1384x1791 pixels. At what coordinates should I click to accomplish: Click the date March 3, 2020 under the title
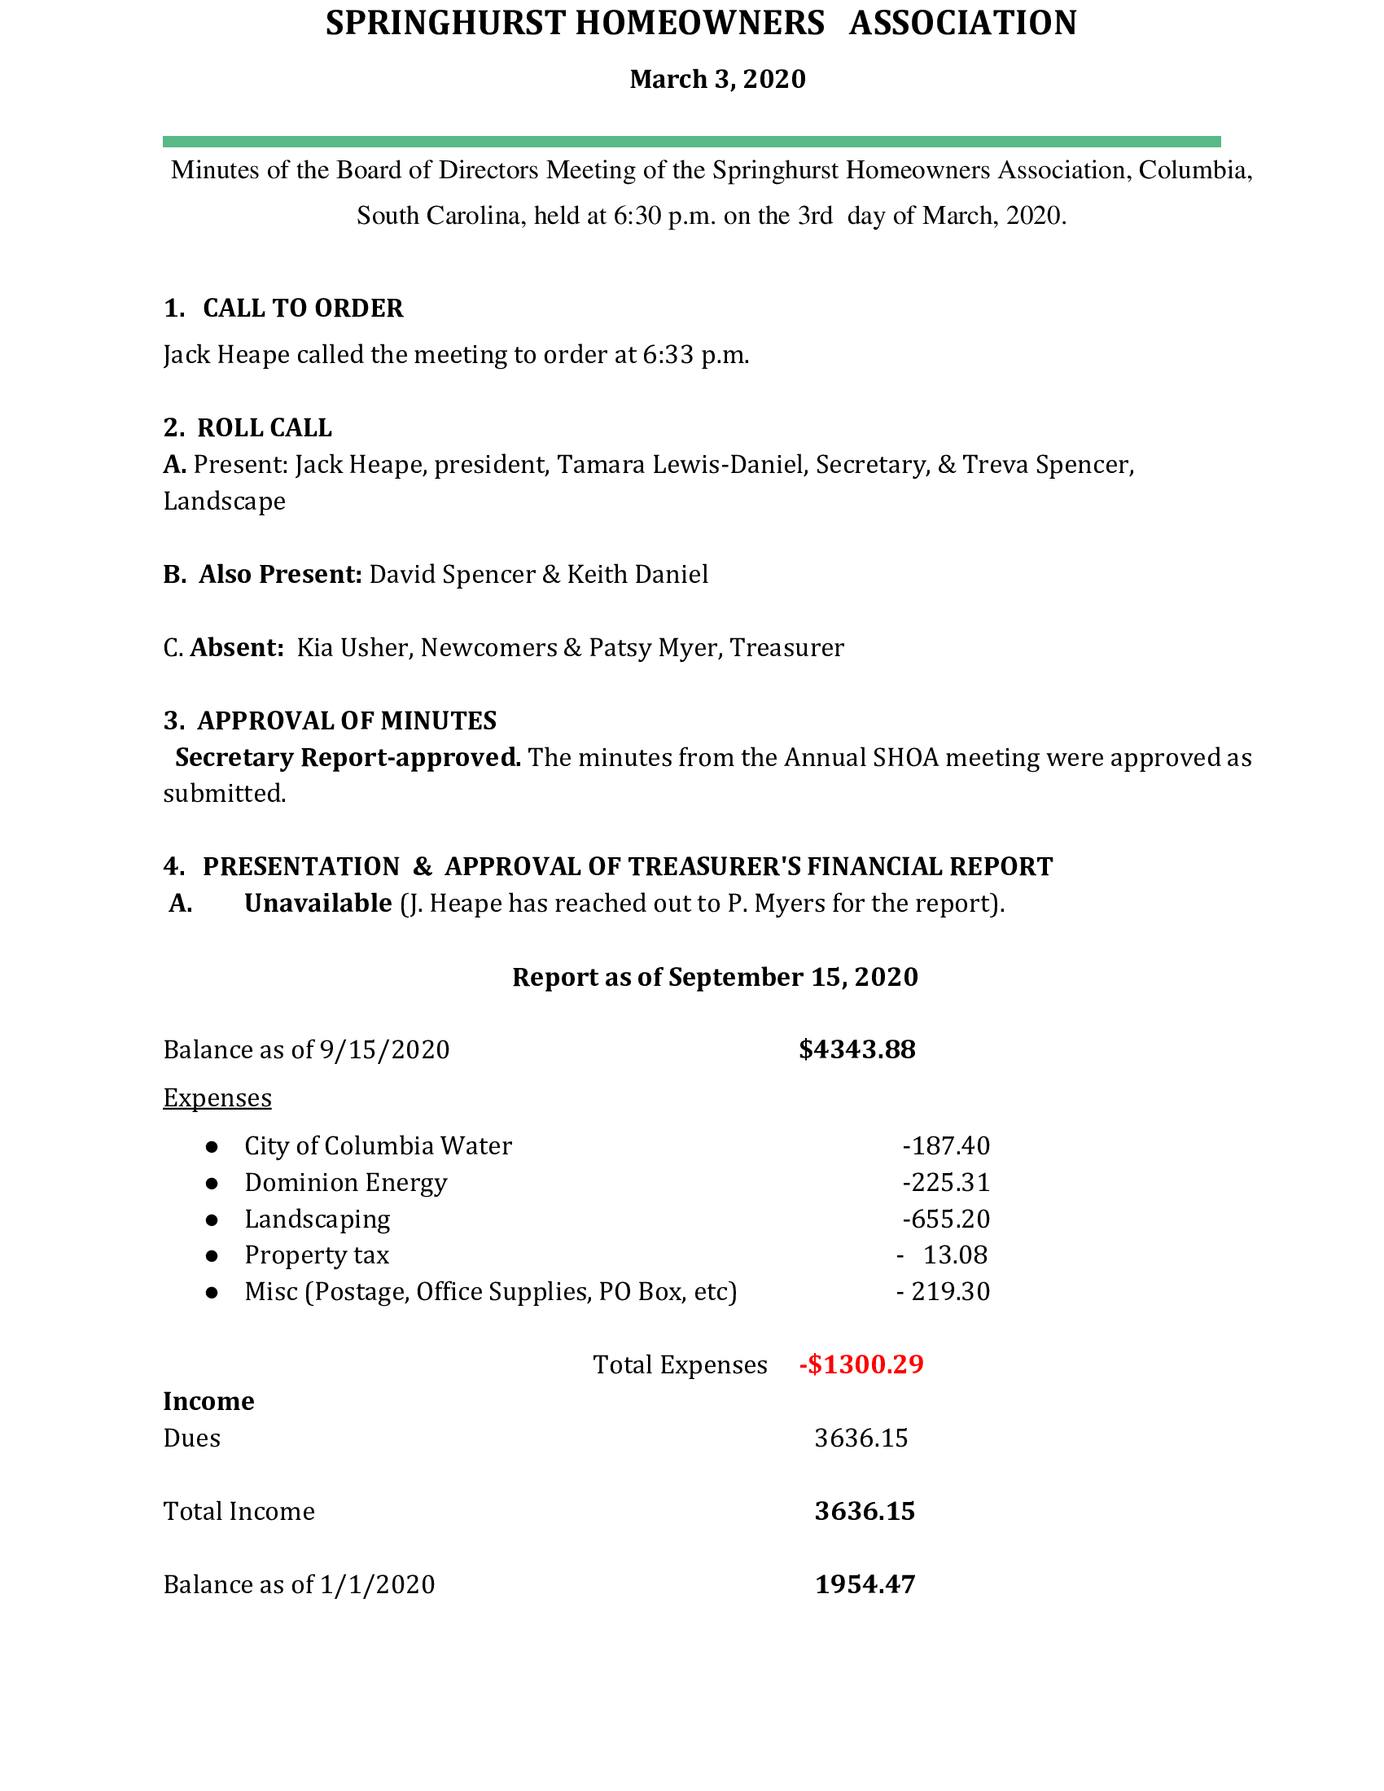(x=717, y=80)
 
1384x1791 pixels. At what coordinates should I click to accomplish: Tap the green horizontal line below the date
(x=691, y=142)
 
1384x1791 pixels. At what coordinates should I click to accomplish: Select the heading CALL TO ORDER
(x=303, y=309)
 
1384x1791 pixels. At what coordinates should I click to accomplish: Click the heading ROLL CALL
(x=264, y=428)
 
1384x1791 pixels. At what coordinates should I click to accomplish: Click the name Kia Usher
(x=352, y=648)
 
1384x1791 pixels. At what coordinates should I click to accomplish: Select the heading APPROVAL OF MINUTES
(x=347, y=720)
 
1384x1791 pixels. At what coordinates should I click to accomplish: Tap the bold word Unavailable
(x=318, y=903)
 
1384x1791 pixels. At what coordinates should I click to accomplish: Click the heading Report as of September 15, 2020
(x=715, y=977)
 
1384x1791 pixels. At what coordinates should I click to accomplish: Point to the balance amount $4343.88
(x=856, y=1049)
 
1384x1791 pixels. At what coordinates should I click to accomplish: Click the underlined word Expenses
(x=217, y=1098)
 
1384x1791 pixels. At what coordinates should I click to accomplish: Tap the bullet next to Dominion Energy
(x=212, y=1184)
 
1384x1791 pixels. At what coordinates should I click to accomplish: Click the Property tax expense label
(x=317, y=1255)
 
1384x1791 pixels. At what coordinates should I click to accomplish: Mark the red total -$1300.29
(x=861, y=1364)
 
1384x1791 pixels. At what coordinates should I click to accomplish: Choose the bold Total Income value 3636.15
(x=864, y=1512)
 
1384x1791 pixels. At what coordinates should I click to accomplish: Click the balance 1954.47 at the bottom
(x=864, y=1584)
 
